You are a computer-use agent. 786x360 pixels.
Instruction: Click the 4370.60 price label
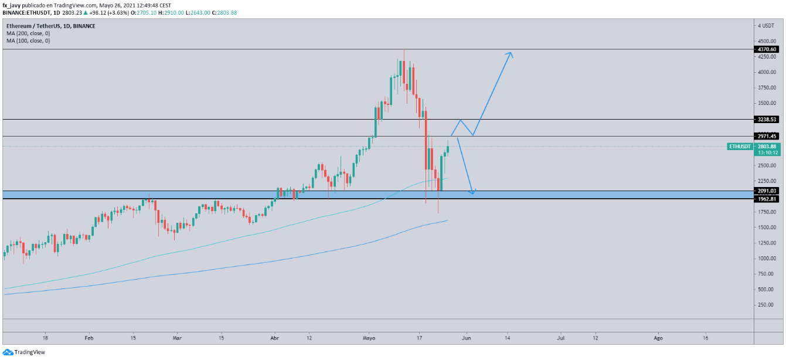pyautogui.click(x=767, y=49)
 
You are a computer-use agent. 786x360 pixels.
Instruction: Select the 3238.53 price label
pyautogui.click(x=767, y=119)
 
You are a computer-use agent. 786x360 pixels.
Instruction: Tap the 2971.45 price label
pyautogui.click(x=767, y=136)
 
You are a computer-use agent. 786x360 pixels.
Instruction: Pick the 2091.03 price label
pyautogui.click(x=767, y=191)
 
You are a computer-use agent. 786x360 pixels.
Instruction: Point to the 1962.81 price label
pyautogui.click(x=767, y=199)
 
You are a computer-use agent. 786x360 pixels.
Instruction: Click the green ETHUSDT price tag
pyautogui.click(x=740, y=146)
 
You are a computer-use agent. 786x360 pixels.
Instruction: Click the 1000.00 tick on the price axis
pyautogui.click(x=765, y=258)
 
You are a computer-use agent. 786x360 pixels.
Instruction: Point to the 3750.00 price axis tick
pyautogui.click(x=765, y=87)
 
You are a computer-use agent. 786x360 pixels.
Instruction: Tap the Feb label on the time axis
pyautogui.click(x=89, y=338)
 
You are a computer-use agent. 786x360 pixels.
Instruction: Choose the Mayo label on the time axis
pyautogui.click(x=369, y=338)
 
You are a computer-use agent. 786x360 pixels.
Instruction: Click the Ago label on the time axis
pyautogui.click(x=658, y=338)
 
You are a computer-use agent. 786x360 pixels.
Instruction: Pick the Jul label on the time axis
pyautogui.click(x=561, y=338)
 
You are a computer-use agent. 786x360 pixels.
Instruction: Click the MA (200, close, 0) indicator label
pyautogui.click(x=28, y=33)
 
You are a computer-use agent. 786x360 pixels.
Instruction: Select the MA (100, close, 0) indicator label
pyautogui.click(x=28, y=40)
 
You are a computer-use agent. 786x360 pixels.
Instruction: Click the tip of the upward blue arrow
pyautogui.click(x=512, y=53)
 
